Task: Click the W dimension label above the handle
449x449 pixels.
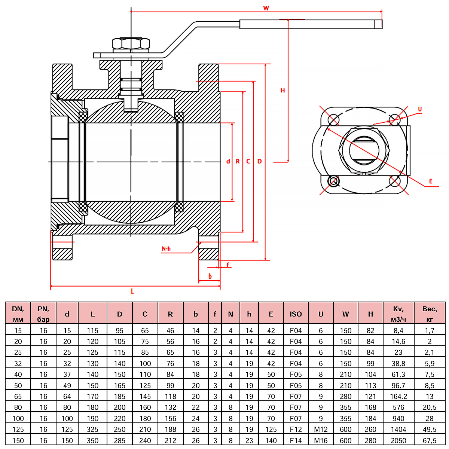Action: click(x=266, y=8)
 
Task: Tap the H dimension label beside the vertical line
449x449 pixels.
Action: click(x=283, y=90)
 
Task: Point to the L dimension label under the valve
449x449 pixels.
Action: click(x=132, y=291)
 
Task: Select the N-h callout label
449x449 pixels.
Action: click(x=166, y=249)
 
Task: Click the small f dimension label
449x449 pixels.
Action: click(x=227, y=265)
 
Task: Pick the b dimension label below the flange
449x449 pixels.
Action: click(x=210, y=277)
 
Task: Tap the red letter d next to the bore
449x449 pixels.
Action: click(x=228, y=161)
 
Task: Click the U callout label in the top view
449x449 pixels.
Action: click(x=420, y=109)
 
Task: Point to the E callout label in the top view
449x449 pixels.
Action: click(x=431, y=181)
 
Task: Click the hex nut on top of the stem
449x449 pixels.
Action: click(x=131, y=43)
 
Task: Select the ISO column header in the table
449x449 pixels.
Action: click(x=296, y=314)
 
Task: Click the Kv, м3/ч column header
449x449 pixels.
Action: click(x=398, y=314)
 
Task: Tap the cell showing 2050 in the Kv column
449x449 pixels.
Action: click(x=398, y=440)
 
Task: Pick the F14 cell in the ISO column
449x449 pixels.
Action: click(x=296, y=440)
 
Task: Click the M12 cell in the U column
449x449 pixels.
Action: click(x=321, y=429)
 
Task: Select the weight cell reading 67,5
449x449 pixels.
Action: click(x=430, y=440)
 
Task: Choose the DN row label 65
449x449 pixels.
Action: click(x=18, y=396)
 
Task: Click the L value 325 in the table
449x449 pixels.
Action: click(x=92, y=429)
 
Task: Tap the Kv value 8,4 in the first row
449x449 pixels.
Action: click(x=398, y=330)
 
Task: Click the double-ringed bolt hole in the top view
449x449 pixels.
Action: click(x=333, y=181)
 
